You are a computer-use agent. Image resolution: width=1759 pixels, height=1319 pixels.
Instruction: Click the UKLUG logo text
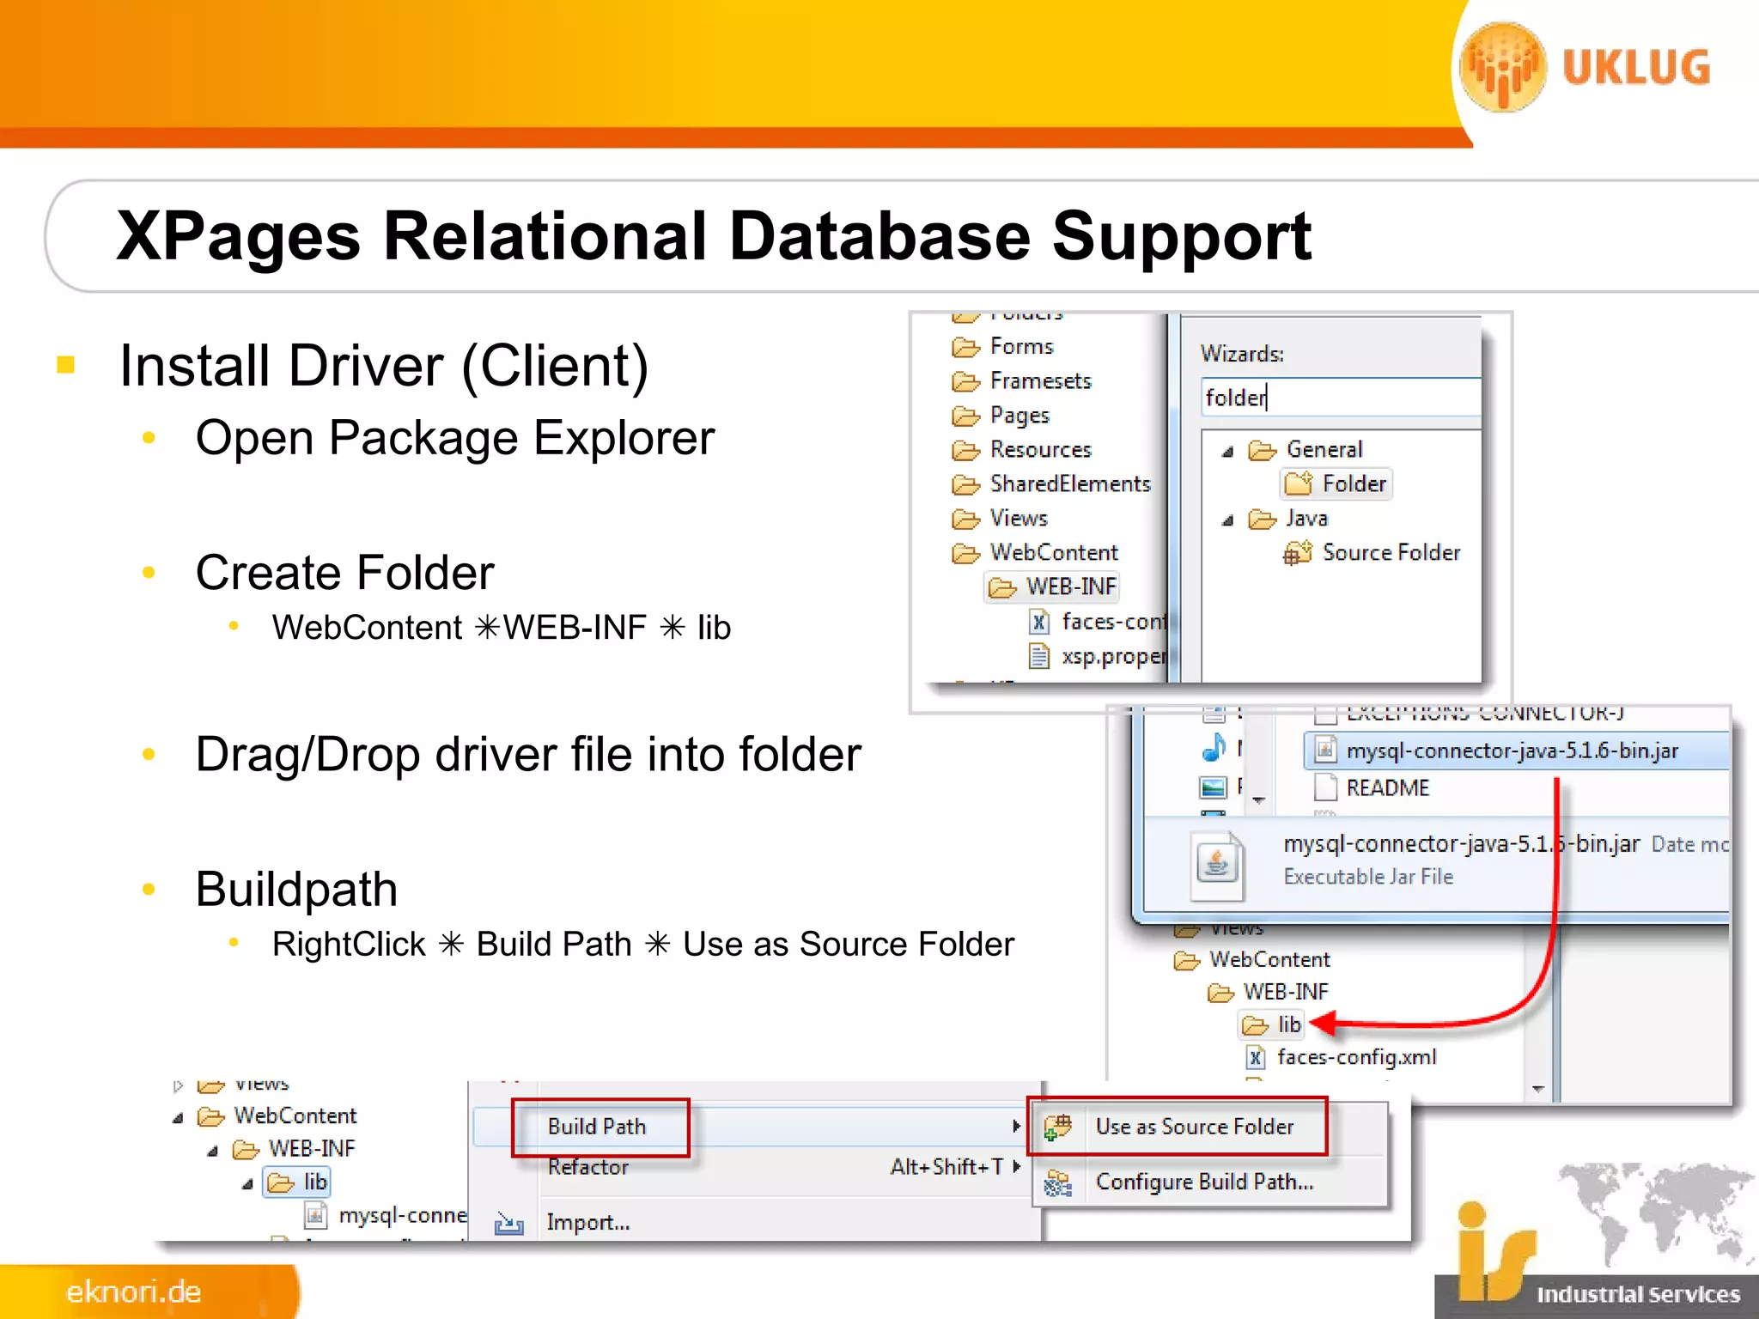point(1635,69)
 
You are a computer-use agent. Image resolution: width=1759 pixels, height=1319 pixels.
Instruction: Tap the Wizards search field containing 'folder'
point(1340,398)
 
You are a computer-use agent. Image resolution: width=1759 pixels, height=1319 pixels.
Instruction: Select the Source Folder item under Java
point(1390,553)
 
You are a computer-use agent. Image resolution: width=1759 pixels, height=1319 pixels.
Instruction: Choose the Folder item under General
point(1353,484)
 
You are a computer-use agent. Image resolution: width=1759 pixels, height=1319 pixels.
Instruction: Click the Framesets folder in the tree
point(1039,381)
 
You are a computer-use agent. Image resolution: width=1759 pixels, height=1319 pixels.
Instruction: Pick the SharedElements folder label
point(1069,484)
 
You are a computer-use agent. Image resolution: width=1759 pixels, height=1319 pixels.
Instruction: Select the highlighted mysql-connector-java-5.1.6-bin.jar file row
point(1511,751)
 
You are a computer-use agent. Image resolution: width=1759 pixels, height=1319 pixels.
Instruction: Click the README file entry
point(1386,788)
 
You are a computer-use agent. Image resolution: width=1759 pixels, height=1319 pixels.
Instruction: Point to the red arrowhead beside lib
point(1324,1024)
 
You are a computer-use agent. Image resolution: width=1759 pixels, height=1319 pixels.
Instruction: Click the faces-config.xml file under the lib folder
point(1355,1058)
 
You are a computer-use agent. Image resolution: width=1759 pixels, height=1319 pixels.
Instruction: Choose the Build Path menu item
point(597,1127)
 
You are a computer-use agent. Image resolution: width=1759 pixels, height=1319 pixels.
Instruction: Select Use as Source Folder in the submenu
point(1194,1127)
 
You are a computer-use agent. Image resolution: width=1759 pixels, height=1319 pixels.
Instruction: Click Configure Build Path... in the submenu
point(1204,1182)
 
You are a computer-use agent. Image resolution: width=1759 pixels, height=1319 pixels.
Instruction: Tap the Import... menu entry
point(587,1223)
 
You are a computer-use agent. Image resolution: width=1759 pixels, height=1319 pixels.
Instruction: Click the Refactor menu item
point(588,1167)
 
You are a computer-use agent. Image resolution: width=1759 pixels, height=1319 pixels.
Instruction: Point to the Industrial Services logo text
point(1637,1294)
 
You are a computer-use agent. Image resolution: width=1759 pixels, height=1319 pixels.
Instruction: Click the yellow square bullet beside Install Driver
point(66,366)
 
